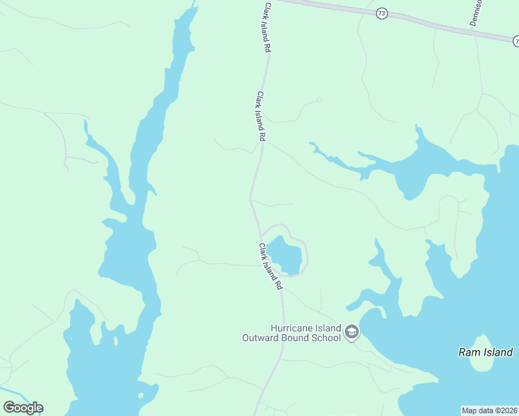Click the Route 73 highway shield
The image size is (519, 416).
[382, 14]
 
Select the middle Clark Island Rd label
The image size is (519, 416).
[261, 116]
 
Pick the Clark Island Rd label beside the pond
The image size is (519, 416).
[271, 266]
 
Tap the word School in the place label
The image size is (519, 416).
[326, 338]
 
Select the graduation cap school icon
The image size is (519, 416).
[352, 333]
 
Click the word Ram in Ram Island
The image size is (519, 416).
[468, 352]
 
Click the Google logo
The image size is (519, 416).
[23, 408]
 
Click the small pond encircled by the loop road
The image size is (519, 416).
[286, 254]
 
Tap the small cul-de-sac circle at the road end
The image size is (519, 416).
[319, 100]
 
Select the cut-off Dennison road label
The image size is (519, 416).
[475, 12]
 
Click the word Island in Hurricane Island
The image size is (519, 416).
[326, 328]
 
